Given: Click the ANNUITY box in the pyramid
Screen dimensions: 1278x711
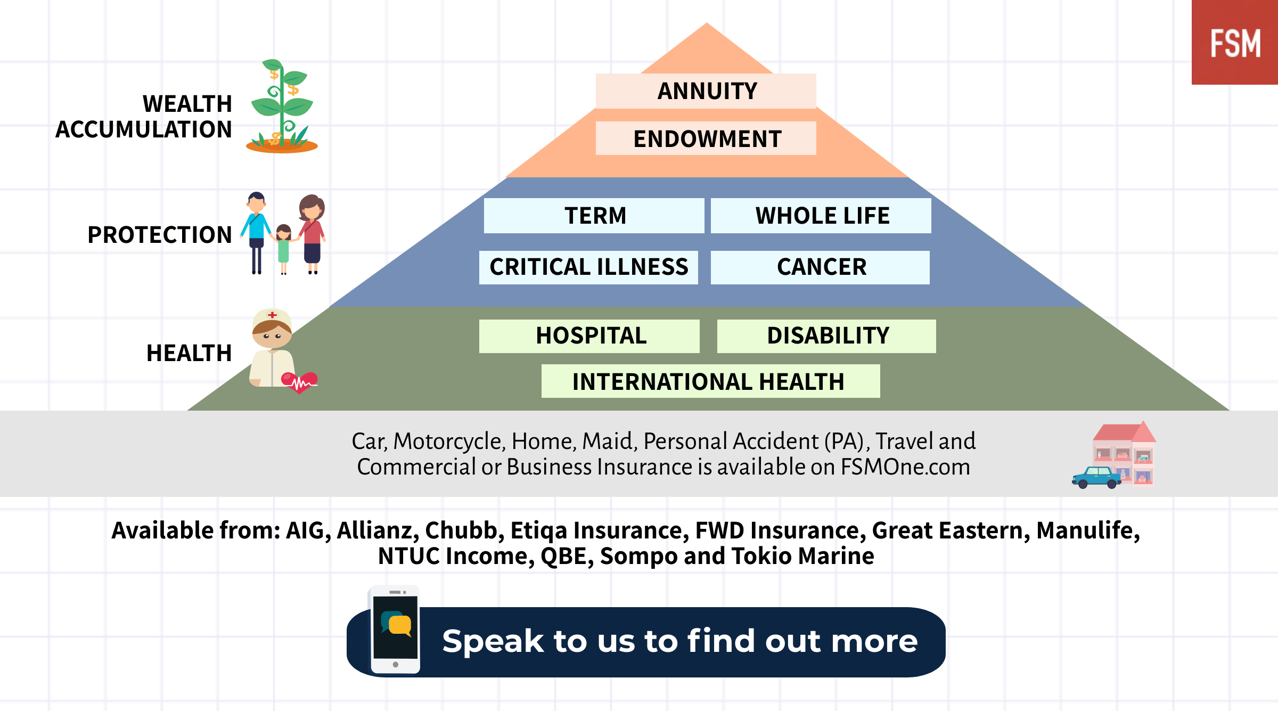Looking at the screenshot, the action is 706,91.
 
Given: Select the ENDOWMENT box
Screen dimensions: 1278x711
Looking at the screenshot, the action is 706,138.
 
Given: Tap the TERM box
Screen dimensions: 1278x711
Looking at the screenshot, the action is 594,216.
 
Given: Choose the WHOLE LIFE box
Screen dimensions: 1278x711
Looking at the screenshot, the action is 821,216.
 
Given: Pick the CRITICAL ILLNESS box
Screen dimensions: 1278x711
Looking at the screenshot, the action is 588,267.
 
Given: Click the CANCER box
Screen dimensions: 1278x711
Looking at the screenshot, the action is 820,267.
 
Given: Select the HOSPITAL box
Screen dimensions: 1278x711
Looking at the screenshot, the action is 589,336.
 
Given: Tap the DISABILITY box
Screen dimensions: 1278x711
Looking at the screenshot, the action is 826,336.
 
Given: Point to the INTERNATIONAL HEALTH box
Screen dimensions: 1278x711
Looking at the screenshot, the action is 710,381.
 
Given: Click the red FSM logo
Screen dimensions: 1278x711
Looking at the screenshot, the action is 1235,42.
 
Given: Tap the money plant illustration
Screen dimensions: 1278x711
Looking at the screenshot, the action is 282,107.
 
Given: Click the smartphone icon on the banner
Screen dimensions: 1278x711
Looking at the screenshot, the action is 395,630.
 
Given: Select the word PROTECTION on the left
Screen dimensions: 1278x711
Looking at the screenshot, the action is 160,235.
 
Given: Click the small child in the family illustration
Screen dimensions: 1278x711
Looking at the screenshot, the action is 283,249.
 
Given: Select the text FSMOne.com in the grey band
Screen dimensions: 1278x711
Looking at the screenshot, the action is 905,467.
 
